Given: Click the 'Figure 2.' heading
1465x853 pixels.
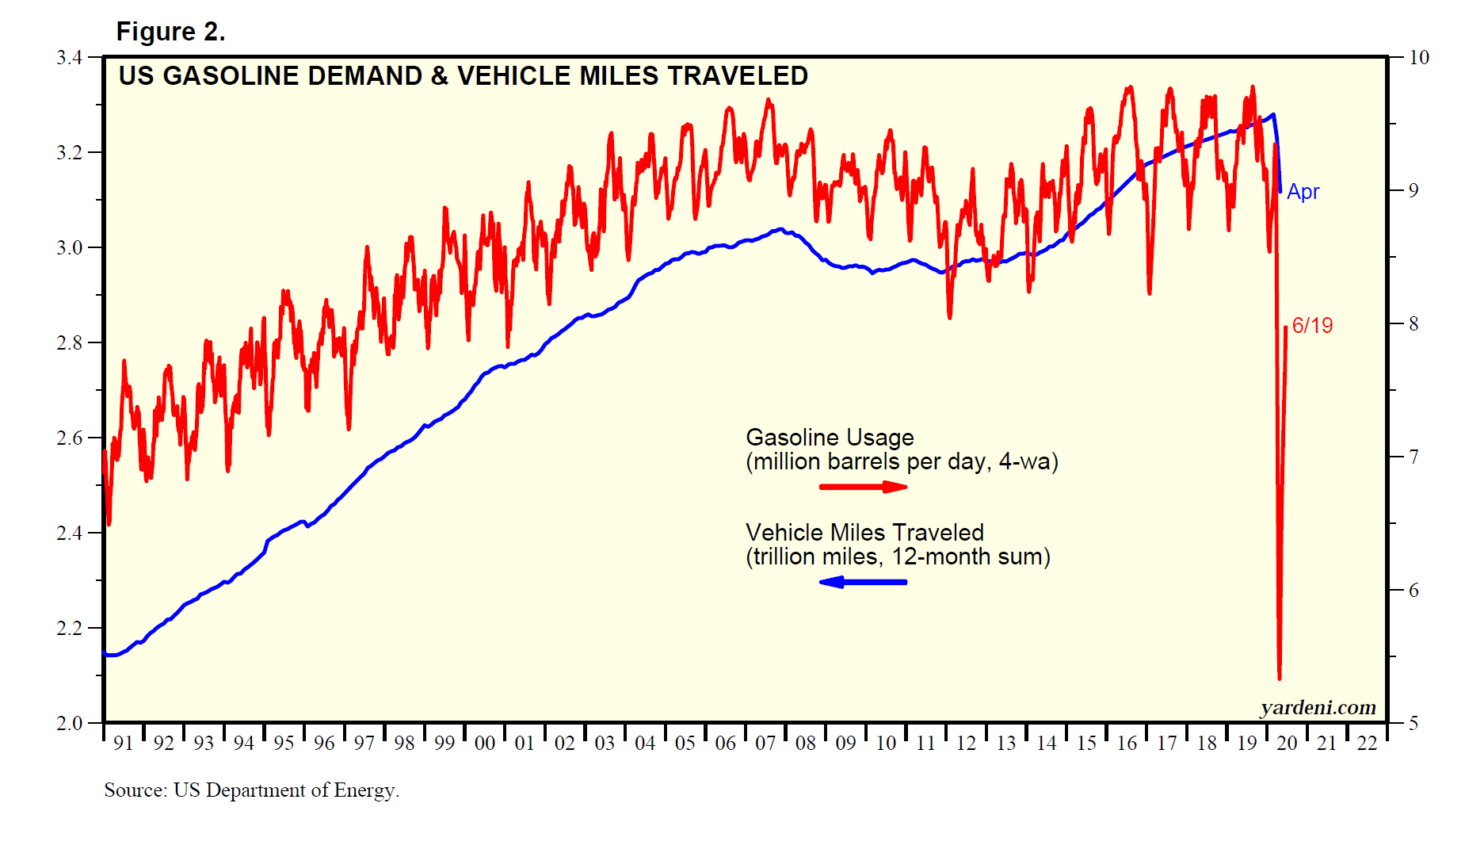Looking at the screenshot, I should tap(170, 32).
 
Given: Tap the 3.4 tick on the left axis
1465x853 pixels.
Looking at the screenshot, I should tap(70, 57).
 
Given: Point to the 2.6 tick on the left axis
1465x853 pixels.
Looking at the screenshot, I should tap(70, 438).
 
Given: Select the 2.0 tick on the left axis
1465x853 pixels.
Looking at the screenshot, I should tap(70, 723).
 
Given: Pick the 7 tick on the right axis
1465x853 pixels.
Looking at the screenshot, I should tap(1413, 457).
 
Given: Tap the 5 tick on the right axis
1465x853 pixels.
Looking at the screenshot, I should tap(1413, 723).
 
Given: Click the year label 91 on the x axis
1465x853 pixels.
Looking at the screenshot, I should tap(124, 744).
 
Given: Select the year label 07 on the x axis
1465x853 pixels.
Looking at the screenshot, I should tap(765, 744).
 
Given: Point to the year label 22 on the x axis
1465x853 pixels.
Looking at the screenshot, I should tap(1368, 744).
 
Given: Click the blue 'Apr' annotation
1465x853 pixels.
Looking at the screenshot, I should tap(1303, 192).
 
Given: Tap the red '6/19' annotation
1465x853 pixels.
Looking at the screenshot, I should tap(1312, 325).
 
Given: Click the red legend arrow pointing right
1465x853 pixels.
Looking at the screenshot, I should tap(863, 486).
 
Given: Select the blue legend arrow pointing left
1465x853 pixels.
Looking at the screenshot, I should tap(863, 582).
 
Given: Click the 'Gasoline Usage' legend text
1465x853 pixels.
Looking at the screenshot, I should tap(830, 438).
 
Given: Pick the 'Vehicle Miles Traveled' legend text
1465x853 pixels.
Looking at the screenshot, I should tap(864, 533).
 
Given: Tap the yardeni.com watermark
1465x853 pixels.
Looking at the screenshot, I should tap(1318, 707).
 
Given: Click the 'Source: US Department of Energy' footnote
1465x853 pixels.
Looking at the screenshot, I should tap(251, 790).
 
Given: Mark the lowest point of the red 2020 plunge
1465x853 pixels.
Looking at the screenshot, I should tap(1279, 678).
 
